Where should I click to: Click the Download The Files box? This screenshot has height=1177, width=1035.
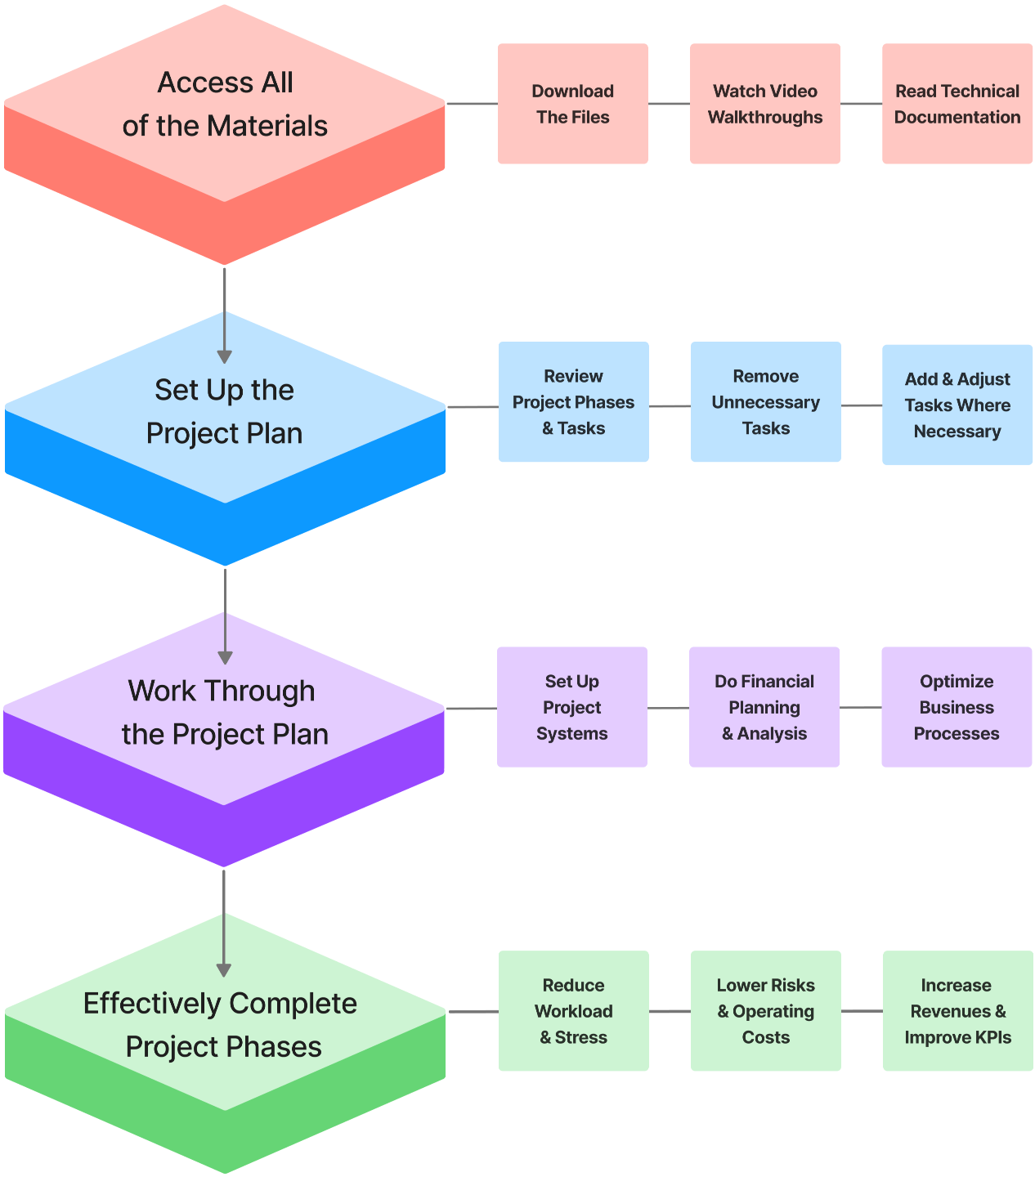(572, 104)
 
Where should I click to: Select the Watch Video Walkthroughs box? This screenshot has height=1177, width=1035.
(764, 104)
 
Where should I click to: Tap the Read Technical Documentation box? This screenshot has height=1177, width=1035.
(957, 104)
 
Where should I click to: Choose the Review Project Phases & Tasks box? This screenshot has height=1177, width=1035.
(573, 402)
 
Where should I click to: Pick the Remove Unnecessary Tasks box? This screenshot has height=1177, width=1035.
(765, 402)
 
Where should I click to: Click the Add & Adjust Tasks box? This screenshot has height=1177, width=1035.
(957, 405)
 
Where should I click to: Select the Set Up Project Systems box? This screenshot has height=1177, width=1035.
(571, 707)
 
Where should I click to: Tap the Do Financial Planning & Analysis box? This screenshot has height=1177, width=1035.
(764, 707)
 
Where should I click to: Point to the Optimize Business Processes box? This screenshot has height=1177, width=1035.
(956, 707)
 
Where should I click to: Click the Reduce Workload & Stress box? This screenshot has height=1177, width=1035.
(573, 1011)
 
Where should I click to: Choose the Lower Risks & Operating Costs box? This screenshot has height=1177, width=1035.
(765, 1011)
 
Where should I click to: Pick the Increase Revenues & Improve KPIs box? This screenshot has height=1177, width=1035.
(957, 1011)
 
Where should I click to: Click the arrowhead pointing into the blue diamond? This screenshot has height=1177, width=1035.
(225, 356)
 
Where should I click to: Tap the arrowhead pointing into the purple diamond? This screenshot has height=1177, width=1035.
(225, 657)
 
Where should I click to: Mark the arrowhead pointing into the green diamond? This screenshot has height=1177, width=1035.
(224, 969)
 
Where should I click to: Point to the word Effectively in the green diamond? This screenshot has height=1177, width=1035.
(151, 1003)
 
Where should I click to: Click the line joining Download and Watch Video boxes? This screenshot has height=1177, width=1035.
(669, 104)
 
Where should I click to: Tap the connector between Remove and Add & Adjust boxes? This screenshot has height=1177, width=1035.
(861, 405)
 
